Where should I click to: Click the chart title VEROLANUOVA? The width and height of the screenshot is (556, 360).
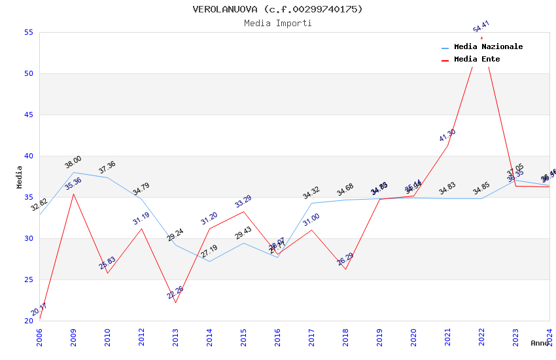pos(277,9)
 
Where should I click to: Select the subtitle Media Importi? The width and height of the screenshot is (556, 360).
pos(278,24)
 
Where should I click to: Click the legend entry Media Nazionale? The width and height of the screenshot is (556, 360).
pos(488,47)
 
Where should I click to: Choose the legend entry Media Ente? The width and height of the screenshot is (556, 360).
pos(477,60)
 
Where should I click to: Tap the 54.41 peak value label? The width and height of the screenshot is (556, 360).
pos(481,27)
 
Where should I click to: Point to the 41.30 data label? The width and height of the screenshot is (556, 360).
pos(447,135)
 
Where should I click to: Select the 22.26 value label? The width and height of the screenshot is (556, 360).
pos(175,293)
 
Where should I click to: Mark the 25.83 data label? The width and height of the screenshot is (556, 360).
pos(107,263)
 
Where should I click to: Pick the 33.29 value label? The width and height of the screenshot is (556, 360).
pos(243,202)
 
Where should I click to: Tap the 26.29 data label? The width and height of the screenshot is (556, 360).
pos(345,259)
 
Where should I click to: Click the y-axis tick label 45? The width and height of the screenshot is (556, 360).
pos(28,115)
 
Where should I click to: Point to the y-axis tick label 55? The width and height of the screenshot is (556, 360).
pos(28,33)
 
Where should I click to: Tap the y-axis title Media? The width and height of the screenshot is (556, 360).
pos(20,177)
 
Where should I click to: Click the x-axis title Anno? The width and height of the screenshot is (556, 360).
pos(540,343)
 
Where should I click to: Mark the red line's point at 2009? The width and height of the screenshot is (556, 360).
pos(73,194)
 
